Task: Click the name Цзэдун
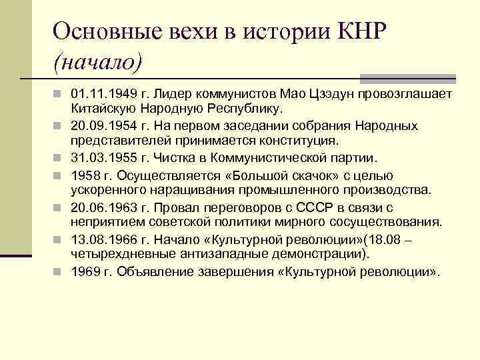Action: [317, 93]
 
